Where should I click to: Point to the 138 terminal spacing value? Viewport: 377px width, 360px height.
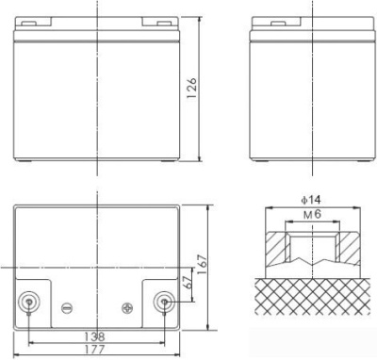click(x=94, y=336)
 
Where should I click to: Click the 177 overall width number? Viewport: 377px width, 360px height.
click(x=94, y=349)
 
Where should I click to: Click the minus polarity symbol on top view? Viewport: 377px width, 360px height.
click(x=67, y=306)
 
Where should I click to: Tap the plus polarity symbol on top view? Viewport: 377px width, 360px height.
click(x=128, y=305)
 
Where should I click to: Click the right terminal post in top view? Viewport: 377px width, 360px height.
click(x=164, y=303)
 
